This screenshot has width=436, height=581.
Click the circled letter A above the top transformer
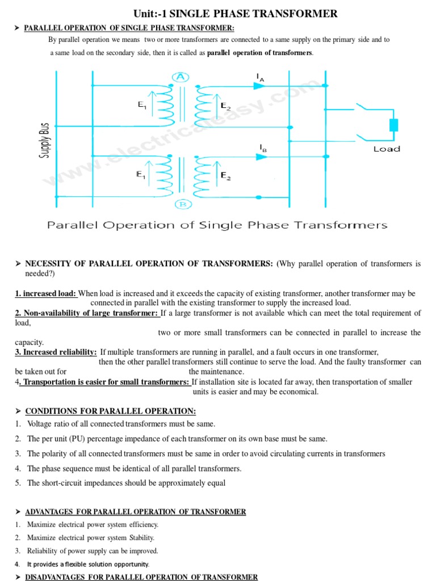coord(181,78)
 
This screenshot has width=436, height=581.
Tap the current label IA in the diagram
coord(260,77)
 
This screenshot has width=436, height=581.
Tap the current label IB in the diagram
coord(263,148)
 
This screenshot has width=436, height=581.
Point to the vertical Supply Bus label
coord(45,140)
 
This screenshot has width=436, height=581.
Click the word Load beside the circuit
coord(387,149)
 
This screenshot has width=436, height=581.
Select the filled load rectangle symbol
coord(393,125)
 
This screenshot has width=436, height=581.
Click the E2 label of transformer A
coord(225,106)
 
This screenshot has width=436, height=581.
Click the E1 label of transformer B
coord(141,175)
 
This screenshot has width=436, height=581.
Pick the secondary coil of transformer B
coord(203,174)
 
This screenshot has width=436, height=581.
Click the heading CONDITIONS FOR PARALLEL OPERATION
coord(111,411)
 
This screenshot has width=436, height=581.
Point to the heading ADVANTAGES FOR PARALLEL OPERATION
coord(135,512)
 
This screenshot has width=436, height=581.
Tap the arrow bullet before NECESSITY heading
coord(18,264)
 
